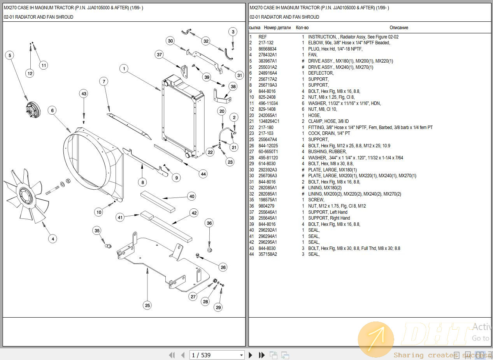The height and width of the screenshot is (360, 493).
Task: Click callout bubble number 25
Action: click(x=147, y=305)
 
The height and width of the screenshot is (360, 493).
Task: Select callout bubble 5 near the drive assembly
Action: click(x=10, y=55)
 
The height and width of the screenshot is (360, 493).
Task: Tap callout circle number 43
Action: click(x=84, y=94)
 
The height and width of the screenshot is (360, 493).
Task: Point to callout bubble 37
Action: click(x=159, y=54)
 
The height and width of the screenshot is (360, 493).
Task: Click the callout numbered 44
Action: click(x=203, y=174)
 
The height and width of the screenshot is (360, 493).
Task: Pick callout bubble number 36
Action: click(x=209, y=223)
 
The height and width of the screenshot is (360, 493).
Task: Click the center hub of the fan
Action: click(x=26, y=193)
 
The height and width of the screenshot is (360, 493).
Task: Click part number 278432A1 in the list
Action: click(x=268, y=55)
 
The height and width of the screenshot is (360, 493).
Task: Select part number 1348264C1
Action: click(x=269, y=121)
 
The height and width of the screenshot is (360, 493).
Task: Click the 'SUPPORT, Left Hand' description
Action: click(x=328, y=212)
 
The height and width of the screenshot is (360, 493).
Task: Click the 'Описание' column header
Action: click(x=399, y=28)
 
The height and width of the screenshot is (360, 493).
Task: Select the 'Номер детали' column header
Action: click(x=277, y=28)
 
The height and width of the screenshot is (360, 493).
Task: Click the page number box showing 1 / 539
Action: click(x=217, y=355)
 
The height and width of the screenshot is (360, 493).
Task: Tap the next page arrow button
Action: click(x=251, y=355)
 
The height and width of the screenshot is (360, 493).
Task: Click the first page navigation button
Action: click(x=172, y=355)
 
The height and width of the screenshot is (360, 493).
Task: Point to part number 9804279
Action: click(x=267, y=206)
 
